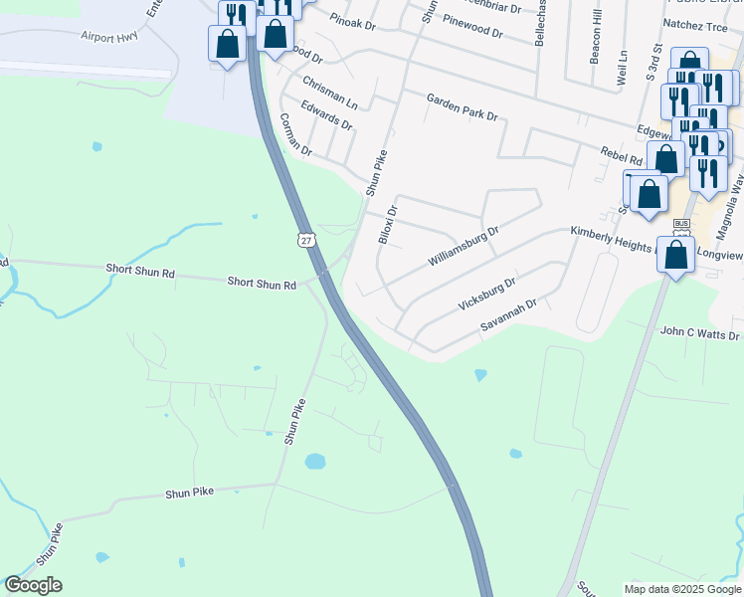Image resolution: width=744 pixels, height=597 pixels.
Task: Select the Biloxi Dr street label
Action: (x=388, y=225)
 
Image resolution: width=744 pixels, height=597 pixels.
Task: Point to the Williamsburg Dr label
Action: (x=463, y=245)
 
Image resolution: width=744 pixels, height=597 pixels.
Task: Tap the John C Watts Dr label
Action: (x=700, y=335)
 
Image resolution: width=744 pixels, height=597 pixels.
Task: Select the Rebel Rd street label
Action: (x=624, y=156)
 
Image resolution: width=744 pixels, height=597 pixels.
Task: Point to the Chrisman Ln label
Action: (x=330, y=89)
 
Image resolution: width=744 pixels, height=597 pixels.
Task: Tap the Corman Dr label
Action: (x=295, y=135)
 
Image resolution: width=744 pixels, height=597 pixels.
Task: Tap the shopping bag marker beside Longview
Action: (x=676, y=255)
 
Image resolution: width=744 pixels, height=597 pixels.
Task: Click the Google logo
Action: (x=33, y=585)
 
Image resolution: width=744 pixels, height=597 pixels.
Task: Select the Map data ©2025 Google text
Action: (x=681, y=589)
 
